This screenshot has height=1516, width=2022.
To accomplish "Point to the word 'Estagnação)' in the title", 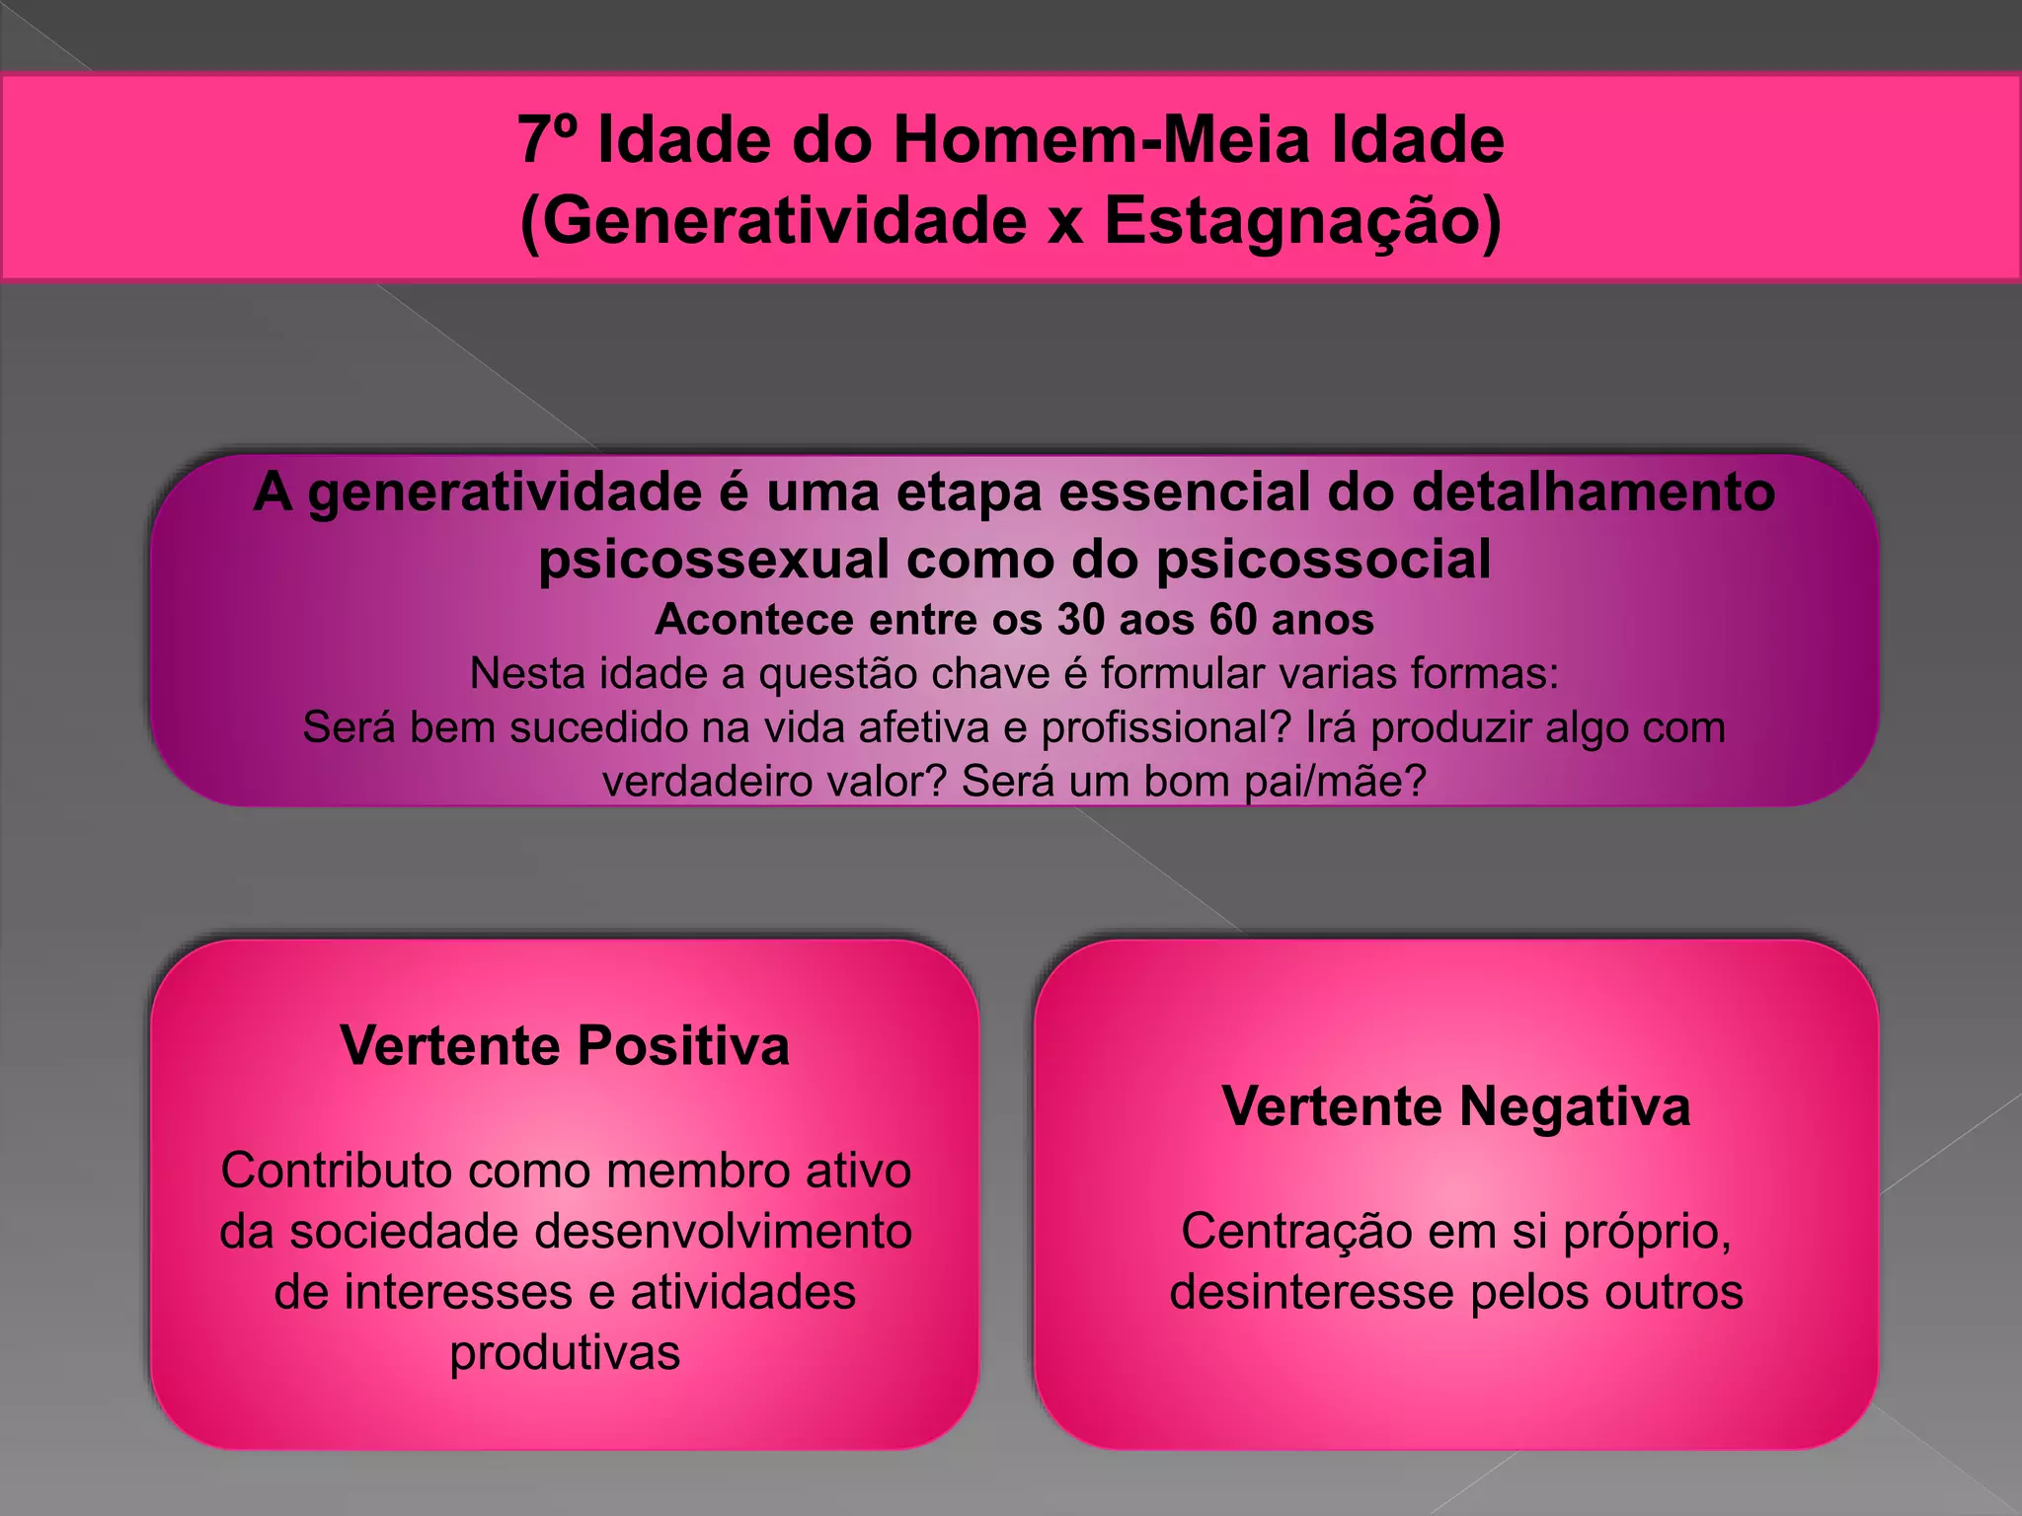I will pyautogui.click(x=1302, y=220).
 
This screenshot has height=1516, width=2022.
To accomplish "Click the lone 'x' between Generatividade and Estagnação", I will pyautogui.click(x=1064, y=223).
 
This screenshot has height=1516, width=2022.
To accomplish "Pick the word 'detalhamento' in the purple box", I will pyautogui.click(x=1594, y=492).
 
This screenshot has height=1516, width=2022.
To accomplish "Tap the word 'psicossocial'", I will pyautogui.click(x=1323, y=560).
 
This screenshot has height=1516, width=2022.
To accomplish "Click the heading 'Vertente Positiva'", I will pyautogui.click(x=565, y=1045).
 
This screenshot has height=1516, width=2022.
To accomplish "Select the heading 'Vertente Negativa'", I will pyautogui.click(x=1456, y=1105).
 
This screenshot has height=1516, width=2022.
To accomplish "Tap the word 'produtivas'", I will pyautogui.click(x=565, y=1353).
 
